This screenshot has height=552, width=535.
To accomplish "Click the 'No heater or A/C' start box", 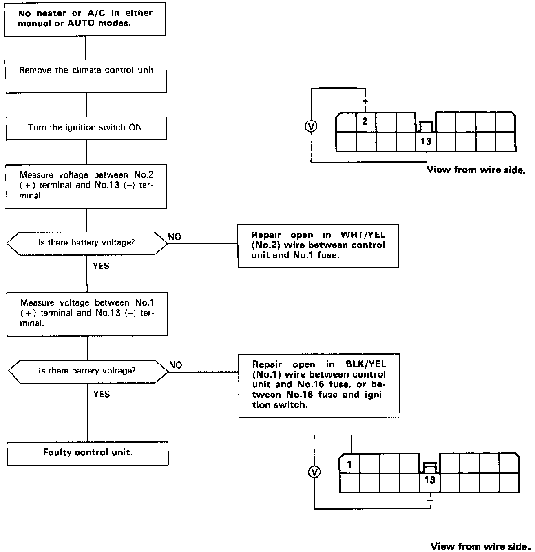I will point(85,19).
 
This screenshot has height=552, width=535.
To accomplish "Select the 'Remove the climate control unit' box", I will point(86,76).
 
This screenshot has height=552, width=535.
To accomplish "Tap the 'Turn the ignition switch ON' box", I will point(86,128).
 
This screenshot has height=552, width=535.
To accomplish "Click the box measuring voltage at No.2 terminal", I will point(86,186).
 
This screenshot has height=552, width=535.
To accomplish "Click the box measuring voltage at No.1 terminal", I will point(87,314).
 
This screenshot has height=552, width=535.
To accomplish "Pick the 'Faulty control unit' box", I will point(88,453).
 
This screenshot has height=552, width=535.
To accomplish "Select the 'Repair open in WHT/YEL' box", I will point(318,245).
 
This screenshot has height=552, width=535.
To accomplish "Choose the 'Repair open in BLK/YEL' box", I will point(319,385).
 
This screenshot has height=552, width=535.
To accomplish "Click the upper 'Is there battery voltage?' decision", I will point(87,243).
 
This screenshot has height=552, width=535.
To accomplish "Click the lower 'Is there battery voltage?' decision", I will point(88,371).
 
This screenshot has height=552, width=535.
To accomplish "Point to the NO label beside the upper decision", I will point(175,237).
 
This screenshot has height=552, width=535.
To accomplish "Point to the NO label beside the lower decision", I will point(175,365).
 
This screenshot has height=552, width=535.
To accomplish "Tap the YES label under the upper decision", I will point(101,266).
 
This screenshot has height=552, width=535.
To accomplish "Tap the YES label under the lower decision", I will point(102,394).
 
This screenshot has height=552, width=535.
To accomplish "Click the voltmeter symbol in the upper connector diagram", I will point(311,127).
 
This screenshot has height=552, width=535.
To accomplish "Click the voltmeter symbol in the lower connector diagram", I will point(314,472).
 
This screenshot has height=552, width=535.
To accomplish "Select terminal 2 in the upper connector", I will point(365,121).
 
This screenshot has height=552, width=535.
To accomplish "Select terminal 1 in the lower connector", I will point(349,465).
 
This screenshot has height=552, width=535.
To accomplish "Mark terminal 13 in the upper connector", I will point(425,141).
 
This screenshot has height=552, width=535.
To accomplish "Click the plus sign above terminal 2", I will point(365,101).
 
